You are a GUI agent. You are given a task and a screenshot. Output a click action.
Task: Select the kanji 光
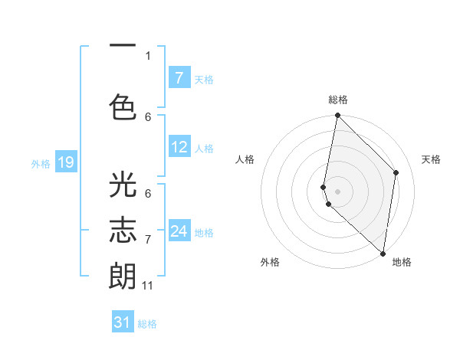click(123, 186)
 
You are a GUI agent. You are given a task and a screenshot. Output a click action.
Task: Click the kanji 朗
click(123, 277)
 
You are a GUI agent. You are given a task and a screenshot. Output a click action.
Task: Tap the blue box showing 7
click(179, 78)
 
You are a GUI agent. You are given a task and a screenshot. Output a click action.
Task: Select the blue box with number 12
click(179, 147)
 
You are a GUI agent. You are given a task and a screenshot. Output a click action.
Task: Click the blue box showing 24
click(179, 231)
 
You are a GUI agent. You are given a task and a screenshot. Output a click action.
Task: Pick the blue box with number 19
click(65, 162)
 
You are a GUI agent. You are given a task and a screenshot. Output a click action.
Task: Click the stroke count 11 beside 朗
click(148, 286)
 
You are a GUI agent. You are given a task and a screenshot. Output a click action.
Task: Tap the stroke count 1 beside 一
click(148, 55)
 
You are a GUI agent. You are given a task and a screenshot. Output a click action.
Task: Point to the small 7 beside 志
click(148, 240)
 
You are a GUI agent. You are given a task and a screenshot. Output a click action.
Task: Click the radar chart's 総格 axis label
click(338, 100)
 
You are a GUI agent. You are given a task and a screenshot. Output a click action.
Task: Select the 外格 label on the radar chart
click(270, 262)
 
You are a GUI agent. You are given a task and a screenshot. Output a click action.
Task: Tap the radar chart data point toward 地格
click(383, 254)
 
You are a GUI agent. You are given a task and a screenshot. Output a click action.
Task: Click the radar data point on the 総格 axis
click(337, 116)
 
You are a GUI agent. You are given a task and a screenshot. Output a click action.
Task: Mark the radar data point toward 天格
click(396, 172)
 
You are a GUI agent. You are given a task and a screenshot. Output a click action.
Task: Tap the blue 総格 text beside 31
click(147, 324)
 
